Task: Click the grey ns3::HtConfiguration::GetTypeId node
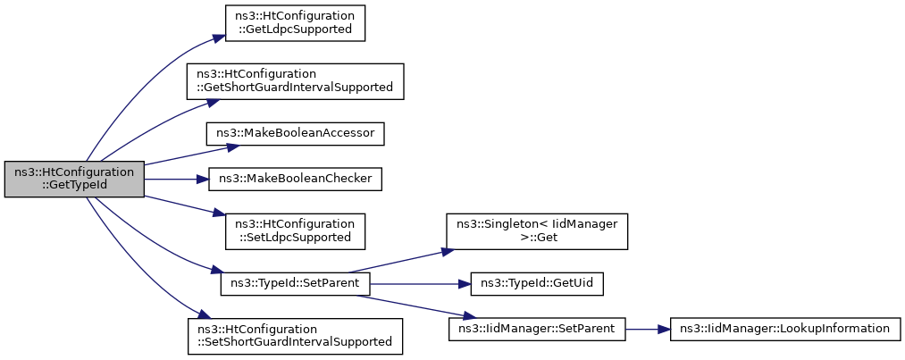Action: [x=74, y=180]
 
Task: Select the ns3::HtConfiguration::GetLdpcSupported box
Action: [x=295, y=23]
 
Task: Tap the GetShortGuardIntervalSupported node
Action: [x=295, y=81]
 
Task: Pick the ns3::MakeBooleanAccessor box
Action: [x=295, y=134]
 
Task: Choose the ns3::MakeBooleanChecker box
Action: [x=295, y=180]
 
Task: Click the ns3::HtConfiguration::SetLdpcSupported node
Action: [x=295, y=232]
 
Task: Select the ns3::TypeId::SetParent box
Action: [x=295, y=284]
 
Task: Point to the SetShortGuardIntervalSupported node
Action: [x=295, y=337]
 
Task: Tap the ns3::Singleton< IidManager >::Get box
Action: [x=536, y=232]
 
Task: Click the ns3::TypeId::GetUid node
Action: [x=537, y=284]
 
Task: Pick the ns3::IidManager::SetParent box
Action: [x=537, y=330]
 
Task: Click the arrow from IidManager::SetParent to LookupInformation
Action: [x=648, y=330]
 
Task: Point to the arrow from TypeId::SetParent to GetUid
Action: [x=420, y=284]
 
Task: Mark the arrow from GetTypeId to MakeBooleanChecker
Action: [x=176, y=180]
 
